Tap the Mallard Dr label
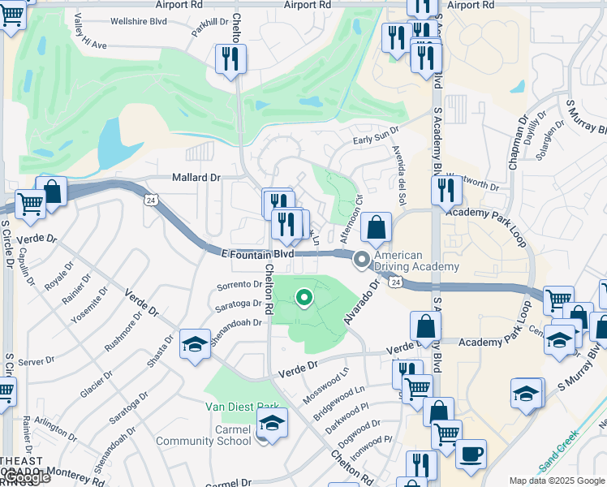(x=196, y=177)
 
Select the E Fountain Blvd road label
(x=258, y=254)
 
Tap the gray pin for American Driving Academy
(x=361, y=260)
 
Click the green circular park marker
(x=304, y=299)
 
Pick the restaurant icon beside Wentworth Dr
(x=446, y=188)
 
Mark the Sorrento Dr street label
(x=239, y=286)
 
